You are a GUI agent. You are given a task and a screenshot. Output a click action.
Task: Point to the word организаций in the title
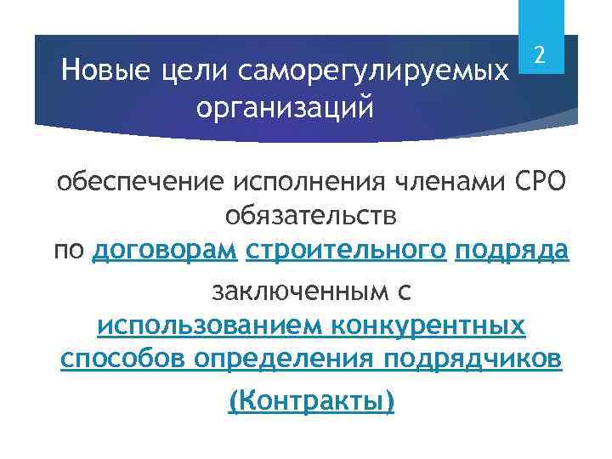point(285,108)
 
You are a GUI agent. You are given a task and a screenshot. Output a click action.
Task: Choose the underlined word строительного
point(346,252)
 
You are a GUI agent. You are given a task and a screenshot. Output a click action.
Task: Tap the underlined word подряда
point(512,252)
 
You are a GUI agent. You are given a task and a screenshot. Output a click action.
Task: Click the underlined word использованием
point(208,326)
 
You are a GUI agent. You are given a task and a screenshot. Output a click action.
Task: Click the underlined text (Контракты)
point(312,400)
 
